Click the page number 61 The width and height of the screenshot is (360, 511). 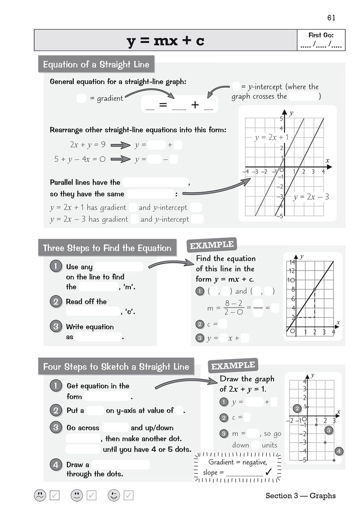331,18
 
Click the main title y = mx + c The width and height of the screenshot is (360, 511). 165,40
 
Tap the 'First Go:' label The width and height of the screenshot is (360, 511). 321,35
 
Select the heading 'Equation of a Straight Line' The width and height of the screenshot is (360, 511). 96,65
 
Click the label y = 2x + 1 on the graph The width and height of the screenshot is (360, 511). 271,137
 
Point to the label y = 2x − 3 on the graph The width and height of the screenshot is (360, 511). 311,197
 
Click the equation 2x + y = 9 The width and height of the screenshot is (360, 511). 88,145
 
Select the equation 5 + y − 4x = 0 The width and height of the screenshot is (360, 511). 80,159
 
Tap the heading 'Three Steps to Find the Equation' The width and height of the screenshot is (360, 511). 107,248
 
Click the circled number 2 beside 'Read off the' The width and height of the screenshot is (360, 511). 56,301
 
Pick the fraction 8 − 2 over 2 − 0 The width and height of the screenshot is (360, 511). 234,307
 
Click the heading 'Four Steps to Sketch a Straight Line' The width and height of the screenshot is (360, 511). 116,367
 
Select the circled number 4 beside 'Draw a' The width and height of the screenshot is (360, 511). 56,465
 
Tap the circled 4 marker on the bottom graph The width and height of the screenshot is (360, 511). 339,451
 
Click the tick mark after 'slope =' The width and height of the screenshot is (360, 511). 268,472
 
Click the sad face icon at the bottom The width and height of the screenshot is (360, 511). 40,495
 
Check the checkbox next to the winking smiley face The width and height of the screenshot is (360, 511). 129,495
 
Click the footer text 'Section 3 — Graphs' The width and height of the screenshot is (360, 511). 301,496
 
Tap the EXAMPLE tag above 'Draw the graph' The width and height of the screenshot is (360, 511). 233,366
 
